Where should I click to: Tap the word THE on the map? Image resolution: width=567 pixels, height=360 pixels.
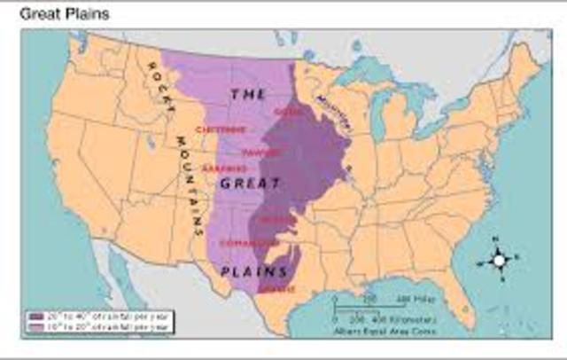pos(248,93)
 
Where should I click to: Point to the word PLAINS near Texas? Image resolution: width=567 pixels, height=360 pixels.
pos(253,271)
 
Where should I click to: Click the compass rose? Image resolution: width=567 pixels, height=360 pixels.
pos(499,261)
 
